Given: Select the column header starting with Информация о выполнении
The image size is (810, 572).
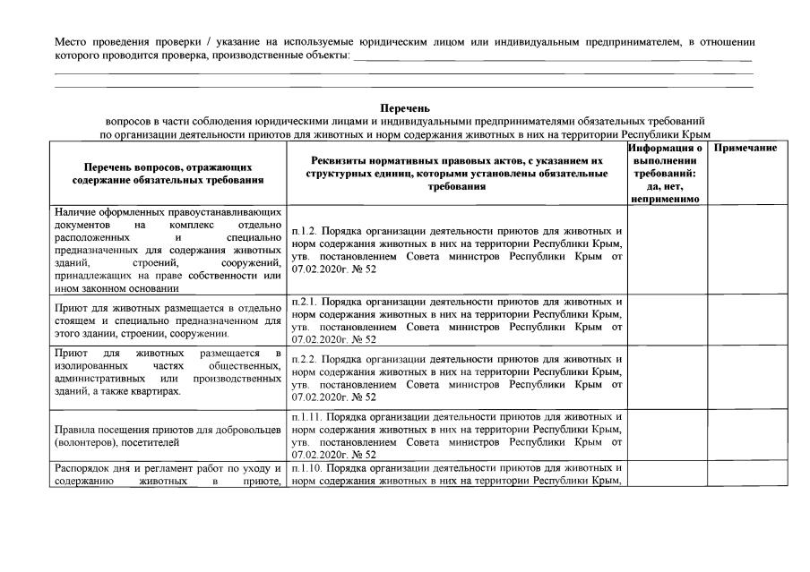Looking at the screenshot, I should click(x=668, y=172).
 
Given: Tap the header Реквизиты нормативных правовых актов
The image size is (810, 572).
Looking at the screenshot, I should click(x=457, y=173).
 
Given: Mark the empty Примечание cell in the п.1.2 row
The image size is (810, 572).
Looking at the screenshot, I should click(x=746, y=250).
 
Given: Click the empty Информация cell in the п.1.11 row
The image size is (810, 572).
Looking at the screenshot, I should click(x=668, y=436).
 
